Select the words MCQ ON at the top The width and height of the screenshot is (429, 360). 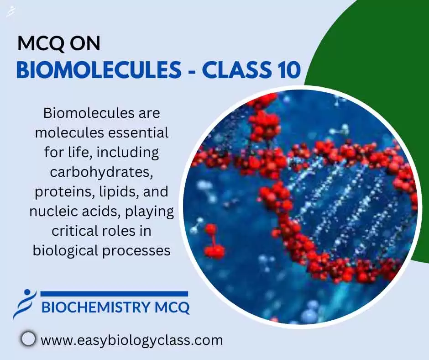click(59, 44)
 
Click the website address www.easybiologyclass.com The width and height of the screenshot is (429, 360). click(131, 340)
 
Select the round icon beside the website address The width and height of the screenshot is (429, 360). click(29, 339)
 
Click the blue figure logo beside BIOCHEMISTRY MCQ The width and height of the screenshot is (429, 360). click(24, 303)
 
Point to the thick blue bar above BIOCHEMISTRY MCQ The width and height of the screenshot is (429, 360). click(114, 294)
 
